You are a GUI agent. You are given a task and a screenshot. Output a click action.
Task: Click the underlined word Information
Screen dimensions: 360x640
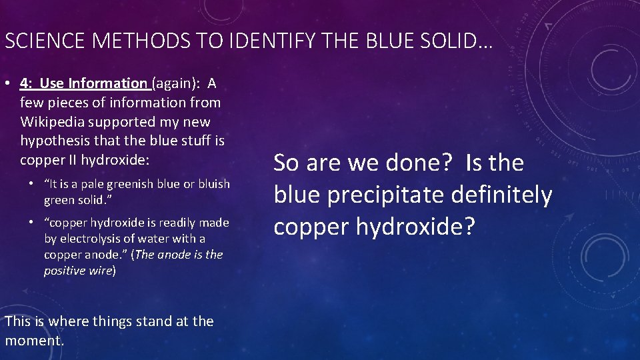click(107, 84)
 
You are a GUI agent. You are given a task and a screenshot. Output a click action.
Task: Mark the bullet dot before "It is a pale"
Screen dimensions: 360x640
click(32, 184)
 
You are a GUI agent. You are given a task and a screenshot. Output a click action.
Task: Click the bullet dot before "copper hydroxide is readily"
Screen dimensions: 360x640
click(32, 223)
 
